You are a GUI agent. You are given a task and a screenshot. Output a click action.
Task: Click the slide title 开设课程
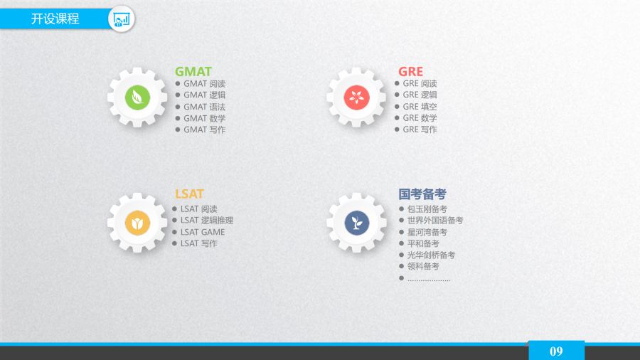[x=55, y=18]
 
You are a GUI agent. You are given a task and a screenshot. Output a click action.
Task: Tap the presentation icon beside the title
[x=121, y=18]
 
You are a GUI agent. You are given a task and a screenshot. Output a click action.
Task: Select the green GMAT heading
[x=193, y=71]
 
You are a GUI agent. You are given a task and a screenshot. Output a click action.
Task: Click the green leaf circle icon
[x=137, y=97]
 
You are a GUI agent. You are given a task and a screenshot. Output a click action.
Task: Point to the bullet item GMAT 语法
[x=205, y=107]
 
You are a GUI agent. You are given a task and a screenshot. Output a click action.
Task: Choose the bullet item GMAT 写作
[x=205, y=129]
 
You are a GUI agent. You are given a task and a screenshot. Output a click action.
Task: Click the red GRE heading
[x=410, y=71]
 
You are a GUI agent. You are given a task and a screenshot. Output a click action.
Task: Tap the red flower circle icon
[x=356, y=97]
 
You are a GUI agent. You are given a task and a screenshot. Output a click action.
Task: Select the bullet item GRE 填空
[x=420, y=107]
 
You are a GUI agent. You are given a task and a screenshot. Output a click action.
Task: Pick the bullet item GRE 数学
[x=420, y=118]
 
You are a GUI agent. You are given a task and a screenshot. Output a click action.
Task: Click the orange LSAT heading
[x=189, y=194]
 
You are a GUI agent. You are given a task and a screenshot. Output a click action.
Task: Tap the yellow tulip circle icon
[x=137, y=223]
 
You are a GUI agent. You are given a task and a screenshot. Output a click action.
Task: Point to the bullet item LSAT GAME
[x=203, y=232]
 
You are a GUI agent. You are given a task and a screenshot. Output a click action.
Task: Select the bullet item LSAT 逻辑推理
[x=207, y=221]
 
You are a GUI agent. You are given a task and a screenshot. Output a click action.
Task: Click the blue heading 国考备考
[x=422, y=194]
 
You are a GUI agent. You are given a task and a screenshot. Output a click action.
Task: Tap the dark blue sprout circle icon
[x=357, y=223]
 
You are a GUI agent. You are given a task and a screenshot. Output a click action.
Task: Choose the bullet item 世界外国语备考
[x=435, y=221]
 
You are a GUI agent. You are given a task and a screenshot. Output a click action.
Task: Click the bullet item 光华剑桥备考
[x=431, y=255]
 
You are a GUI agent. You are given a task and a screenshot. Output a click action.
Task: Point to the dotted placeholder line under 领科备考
[x=429, y=280]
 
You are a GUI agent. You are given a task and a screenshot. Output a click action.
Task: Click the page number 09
[x=556, y=351]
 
